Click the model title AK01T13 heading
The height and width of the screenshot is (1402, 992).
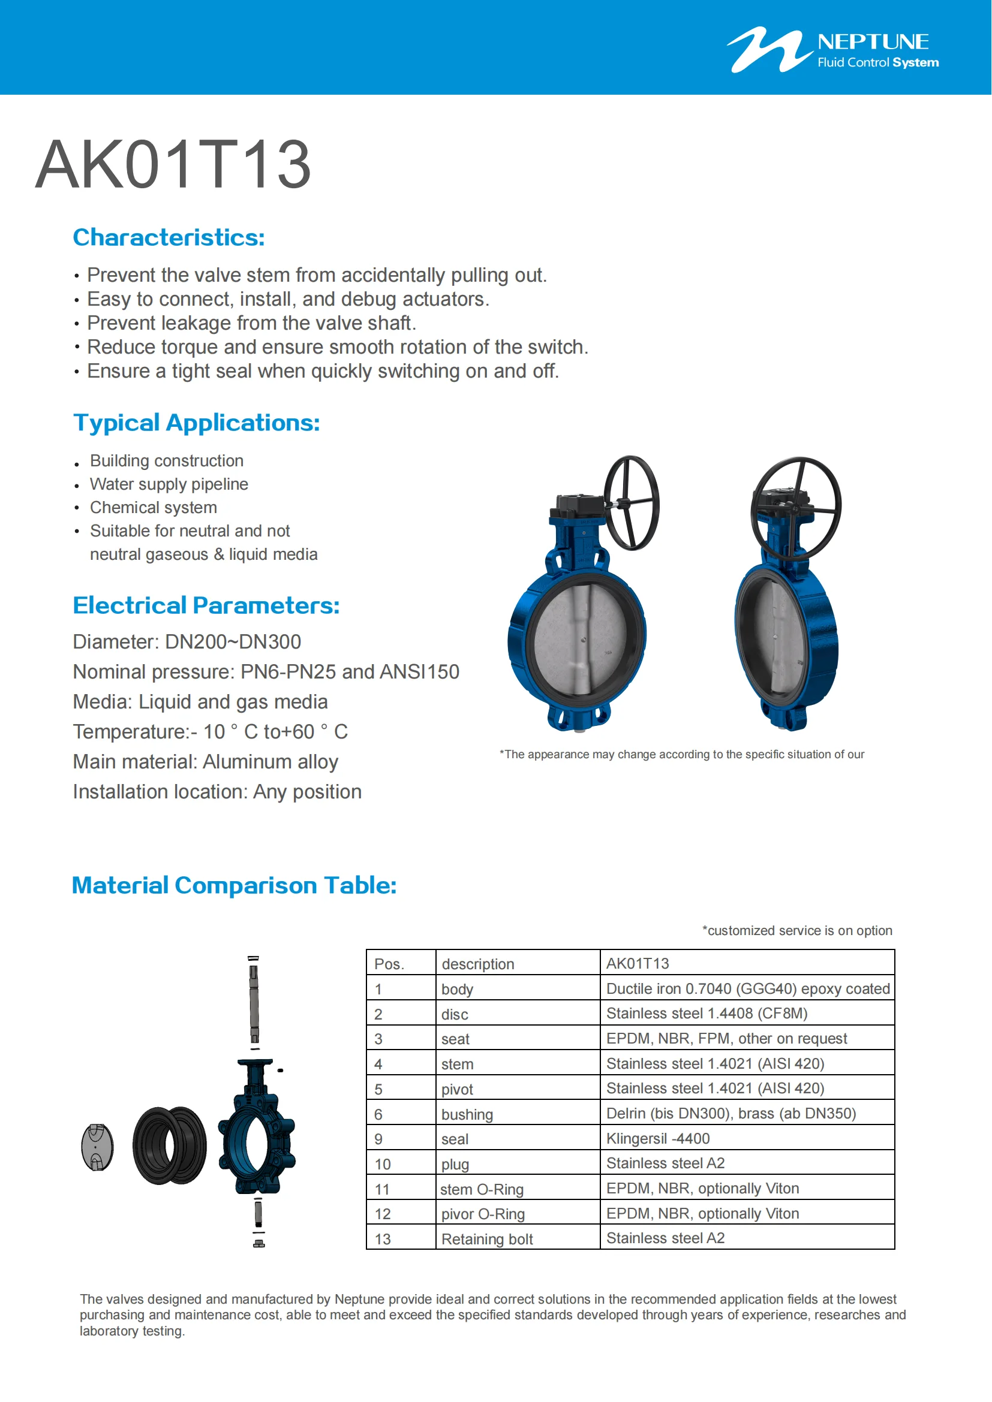point(173,165)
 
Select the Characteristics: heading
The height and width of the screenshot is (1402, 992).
point(169,237)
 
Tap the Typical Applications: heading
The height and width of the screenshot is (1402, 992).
point(196,423)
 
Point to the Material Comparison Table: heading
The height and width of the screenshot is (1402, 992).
point(234,885)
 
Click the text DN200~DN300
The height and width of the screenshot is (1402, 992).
point(233,642)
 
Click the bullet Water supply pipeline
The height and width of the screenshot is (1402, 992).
point(169,484)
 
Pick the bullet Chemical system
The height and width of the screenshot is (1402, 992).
point(154,508)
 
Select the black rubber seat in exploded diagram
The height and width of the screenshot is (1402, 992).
point(169,1145)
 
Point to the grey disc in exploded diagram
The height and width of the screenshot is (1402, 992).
point(97,1147)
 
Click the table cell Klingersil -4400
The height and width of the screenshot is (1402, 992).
point(658,1139)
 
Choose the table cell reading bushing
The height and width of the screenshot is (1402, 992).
point(467,1114)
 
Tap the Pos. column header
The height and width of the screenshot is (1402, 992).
point(389,964)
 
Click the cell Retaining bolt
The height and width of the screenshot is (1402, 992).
point(487,1239)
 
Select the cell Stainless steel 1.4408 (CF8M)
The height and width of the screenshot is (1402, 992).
point(707,1014)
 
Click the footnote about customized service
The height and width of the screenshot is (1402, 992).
point(796,931)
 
